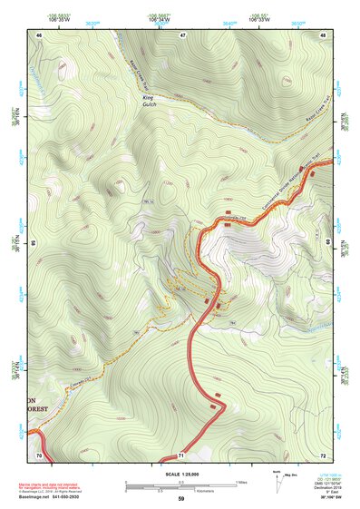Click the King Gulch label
tap(149, 103)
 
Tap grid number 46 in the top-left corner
tap(39, 34)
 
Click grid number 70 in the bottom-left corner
tap(39, 454)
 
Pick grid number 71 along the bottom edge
tap(181, 454)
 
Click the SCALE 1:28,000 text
tap(180, 475)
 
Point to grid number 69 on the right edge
tap(328, 243)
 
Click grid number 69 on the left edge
tap(33, 243)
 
